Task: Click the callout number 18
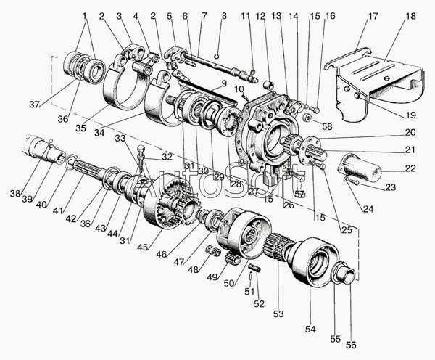410,16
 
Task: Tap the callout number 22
410,168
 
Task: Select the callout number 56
351,345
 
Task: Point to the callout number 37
35,105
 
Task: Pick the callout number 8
224,16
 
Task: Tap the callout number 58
327,126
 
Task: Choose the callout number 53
278,314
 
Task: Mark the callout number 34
99,133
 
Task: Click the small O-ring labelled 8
217,57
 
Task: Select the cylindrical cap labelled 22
359,166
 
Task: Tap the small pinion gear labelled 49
231,257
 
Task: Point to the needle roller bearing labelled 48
214,250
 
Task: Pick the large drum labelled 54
315,261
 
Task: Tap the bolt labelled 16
315,110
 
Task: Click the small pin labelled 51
251,276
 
